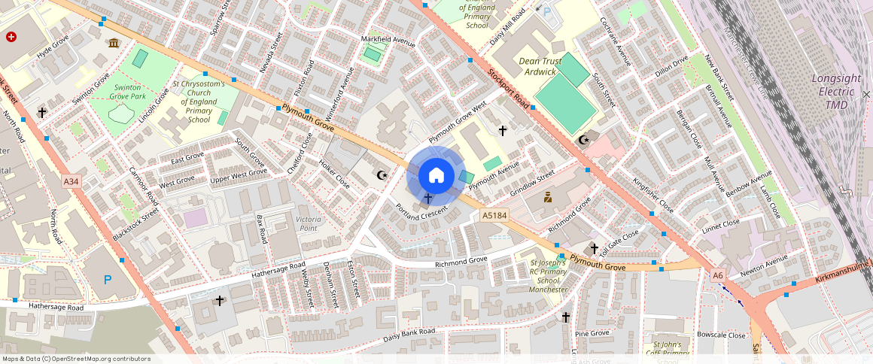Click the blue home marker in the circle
(436, 176)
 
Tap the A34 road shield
(71, 181)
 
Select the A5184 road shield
(493, 216)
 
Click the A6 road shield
(719, 275)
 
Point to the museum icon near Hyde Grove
(113, 43)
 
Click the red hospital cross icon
(11, 37)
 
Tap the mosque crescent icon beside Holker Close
(382, 175)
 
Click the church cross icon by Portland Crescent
(428, 199)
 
